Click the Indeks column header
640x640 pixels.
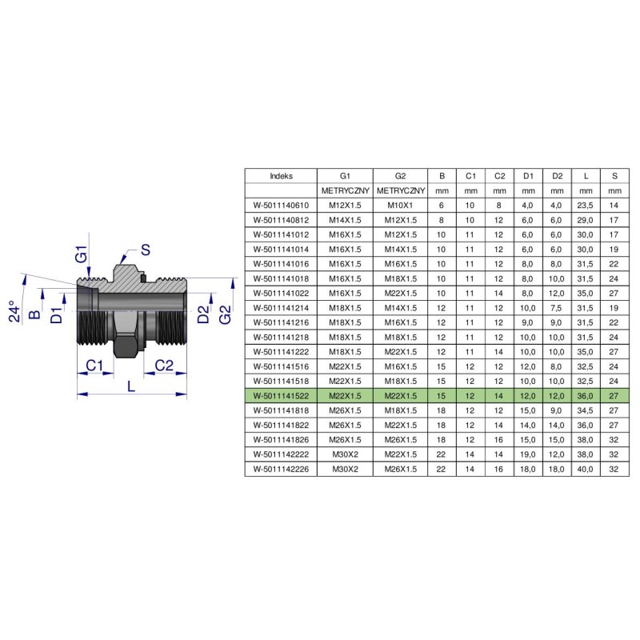[281, 176]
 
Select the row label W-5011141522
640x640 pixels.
[281, 395]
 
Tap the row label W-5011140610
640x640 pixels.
[281, 206]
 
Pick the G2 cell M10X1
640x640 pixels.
[400, 206]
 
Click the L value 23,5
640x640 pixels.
[585, 206]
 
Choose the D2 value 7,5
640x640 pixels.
[556, 308]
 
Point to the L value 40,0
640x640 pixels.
[585, 469]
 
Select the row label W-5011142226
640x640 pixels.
[281, 469]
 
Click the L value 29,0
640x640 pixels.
[585, 220]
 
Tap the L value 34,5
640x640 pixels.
[585, 410]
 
